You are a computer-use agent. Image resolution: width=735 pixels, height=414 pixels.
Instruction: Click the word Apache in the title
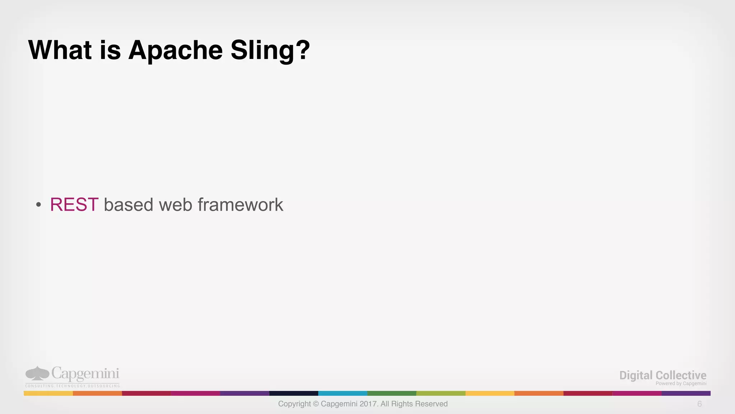175,50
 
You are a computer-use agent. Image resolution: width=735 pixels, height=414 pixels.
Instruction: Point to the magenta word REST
74,205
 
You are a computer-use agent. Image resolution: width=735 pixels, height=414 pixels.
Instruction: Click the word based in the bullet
128,205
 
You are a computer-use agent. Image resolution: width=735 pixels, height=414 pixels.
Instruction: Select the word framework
240,205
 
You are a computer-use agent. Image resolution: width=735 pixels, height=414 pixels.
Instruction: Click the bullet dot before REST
38,205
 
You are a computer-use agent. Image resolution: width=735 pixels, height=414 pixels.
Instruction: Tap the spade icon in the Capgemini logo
37,373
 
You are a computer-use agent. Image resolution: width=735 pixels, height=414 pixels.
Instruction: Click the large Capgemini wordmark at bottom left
85,374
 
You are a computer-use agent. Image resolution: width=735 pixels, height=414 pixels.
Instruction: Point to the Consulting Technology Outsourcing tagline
72,386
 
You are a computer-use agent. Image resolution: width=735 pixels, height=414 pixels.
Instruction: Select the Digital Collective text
663,375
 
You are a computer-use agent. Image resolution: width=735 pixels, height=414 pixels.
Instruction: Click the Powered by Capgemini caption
681,383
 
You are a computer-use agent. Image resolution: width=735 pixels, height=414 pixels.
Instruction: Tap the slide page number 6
699,404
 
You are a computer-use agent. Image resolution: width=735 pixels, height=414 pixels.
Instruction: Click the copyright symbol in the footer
316,404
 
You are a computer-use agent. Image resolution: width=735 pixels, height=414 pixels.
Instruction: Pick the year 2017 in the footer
367,404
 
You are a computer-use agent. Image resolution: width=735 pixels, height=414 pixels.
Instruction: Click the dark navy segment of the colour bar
294,394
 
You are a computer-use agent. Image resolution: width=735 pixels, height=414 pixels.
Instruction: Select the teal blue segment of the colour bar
343,394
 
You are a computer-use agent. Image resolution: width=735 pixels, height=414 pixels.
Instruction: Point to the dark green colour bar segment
392,394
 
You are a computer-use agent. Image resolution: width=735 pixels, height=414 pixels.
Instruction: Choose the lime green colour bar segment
441,394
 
